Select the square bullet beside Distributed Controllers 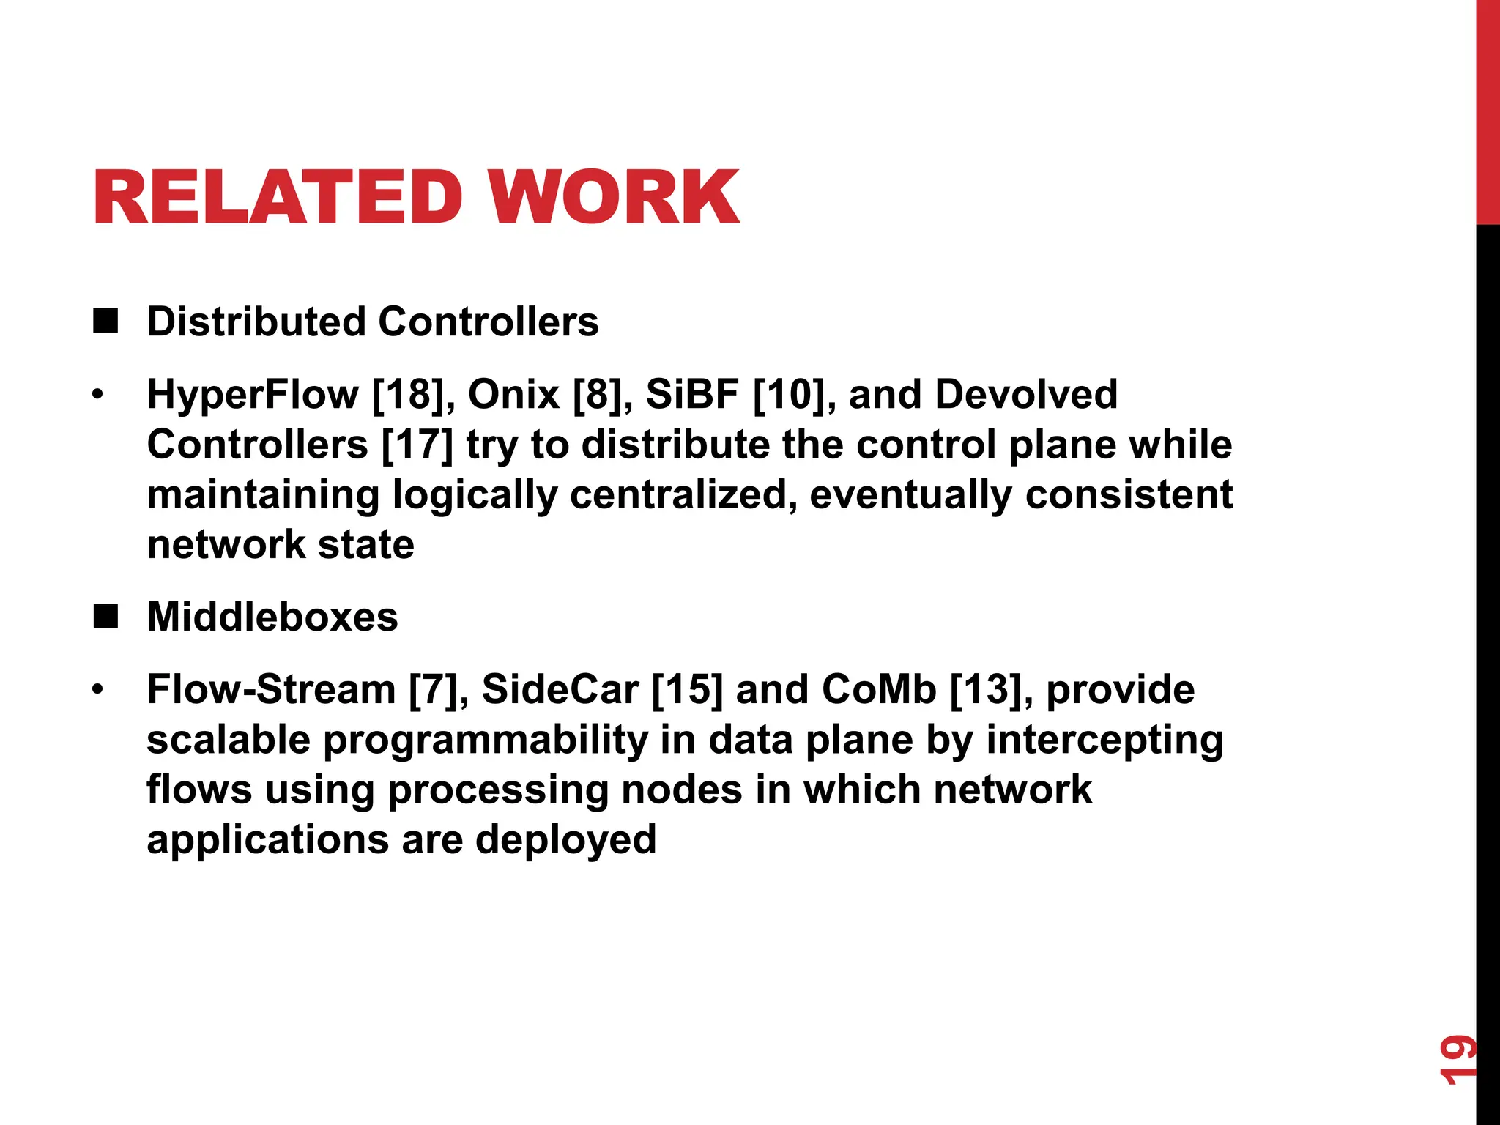(x=105, y=322)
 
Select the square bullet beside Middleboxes (x=105, y=617)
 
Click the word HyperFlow (x=253, y=395)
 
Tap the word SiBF (x=692, y=395)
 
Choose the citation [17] (x=417, y=445)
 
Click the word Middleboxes (x=272, y=617)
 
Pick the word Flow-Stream (x=271, y=690)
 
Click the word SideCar (x=560, y=690)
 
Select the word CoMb (x=879, y=690)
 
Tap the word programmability (x=486, y=740)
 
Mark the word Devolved (x=1026, y=395)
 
